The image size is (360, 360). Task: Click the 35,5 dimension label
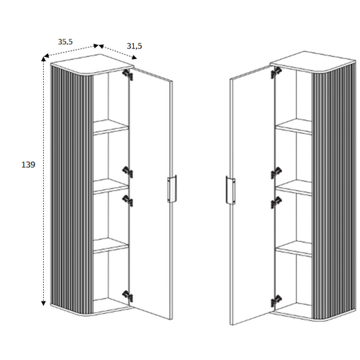pos(65,42)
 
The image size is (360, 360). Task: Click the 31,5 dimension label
pos(135,46)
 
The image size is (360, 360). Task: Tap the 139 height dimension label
pos(28,165)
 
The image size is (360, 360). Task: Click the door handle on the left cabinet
pos(172,189)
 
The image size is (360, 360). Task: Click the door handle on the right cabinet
pos(230,190)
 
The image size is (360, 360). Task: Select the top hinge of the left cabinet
pos(127,75)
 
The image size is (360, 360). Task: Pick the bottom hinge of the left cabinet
pos(127,296)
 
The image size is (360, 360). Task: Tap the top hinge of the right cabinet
pos(276,72)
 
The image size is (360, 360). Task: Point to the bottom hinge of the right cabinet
pos(276,301)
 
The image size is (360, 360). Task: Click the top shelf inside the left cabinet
pos(111,127)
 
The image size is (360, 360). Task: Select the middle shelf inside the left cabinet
pos(111,186)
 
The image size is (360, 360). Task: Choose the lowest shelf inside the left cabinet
pos(111,246)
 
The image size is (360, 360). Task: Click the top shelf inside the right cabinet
pos(294,127)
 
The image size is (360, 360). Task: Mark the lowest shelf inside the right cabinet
pos(294,249)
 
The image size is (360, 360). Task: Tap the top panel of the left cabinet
pos(92,64)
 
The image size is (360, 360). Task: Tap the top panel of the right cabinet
pos(313,61)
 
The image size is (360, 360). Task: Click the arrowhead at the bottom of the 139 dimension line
pos(43,303)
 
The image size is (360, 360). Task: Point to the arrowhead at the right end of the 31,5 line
pos(135,58)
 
